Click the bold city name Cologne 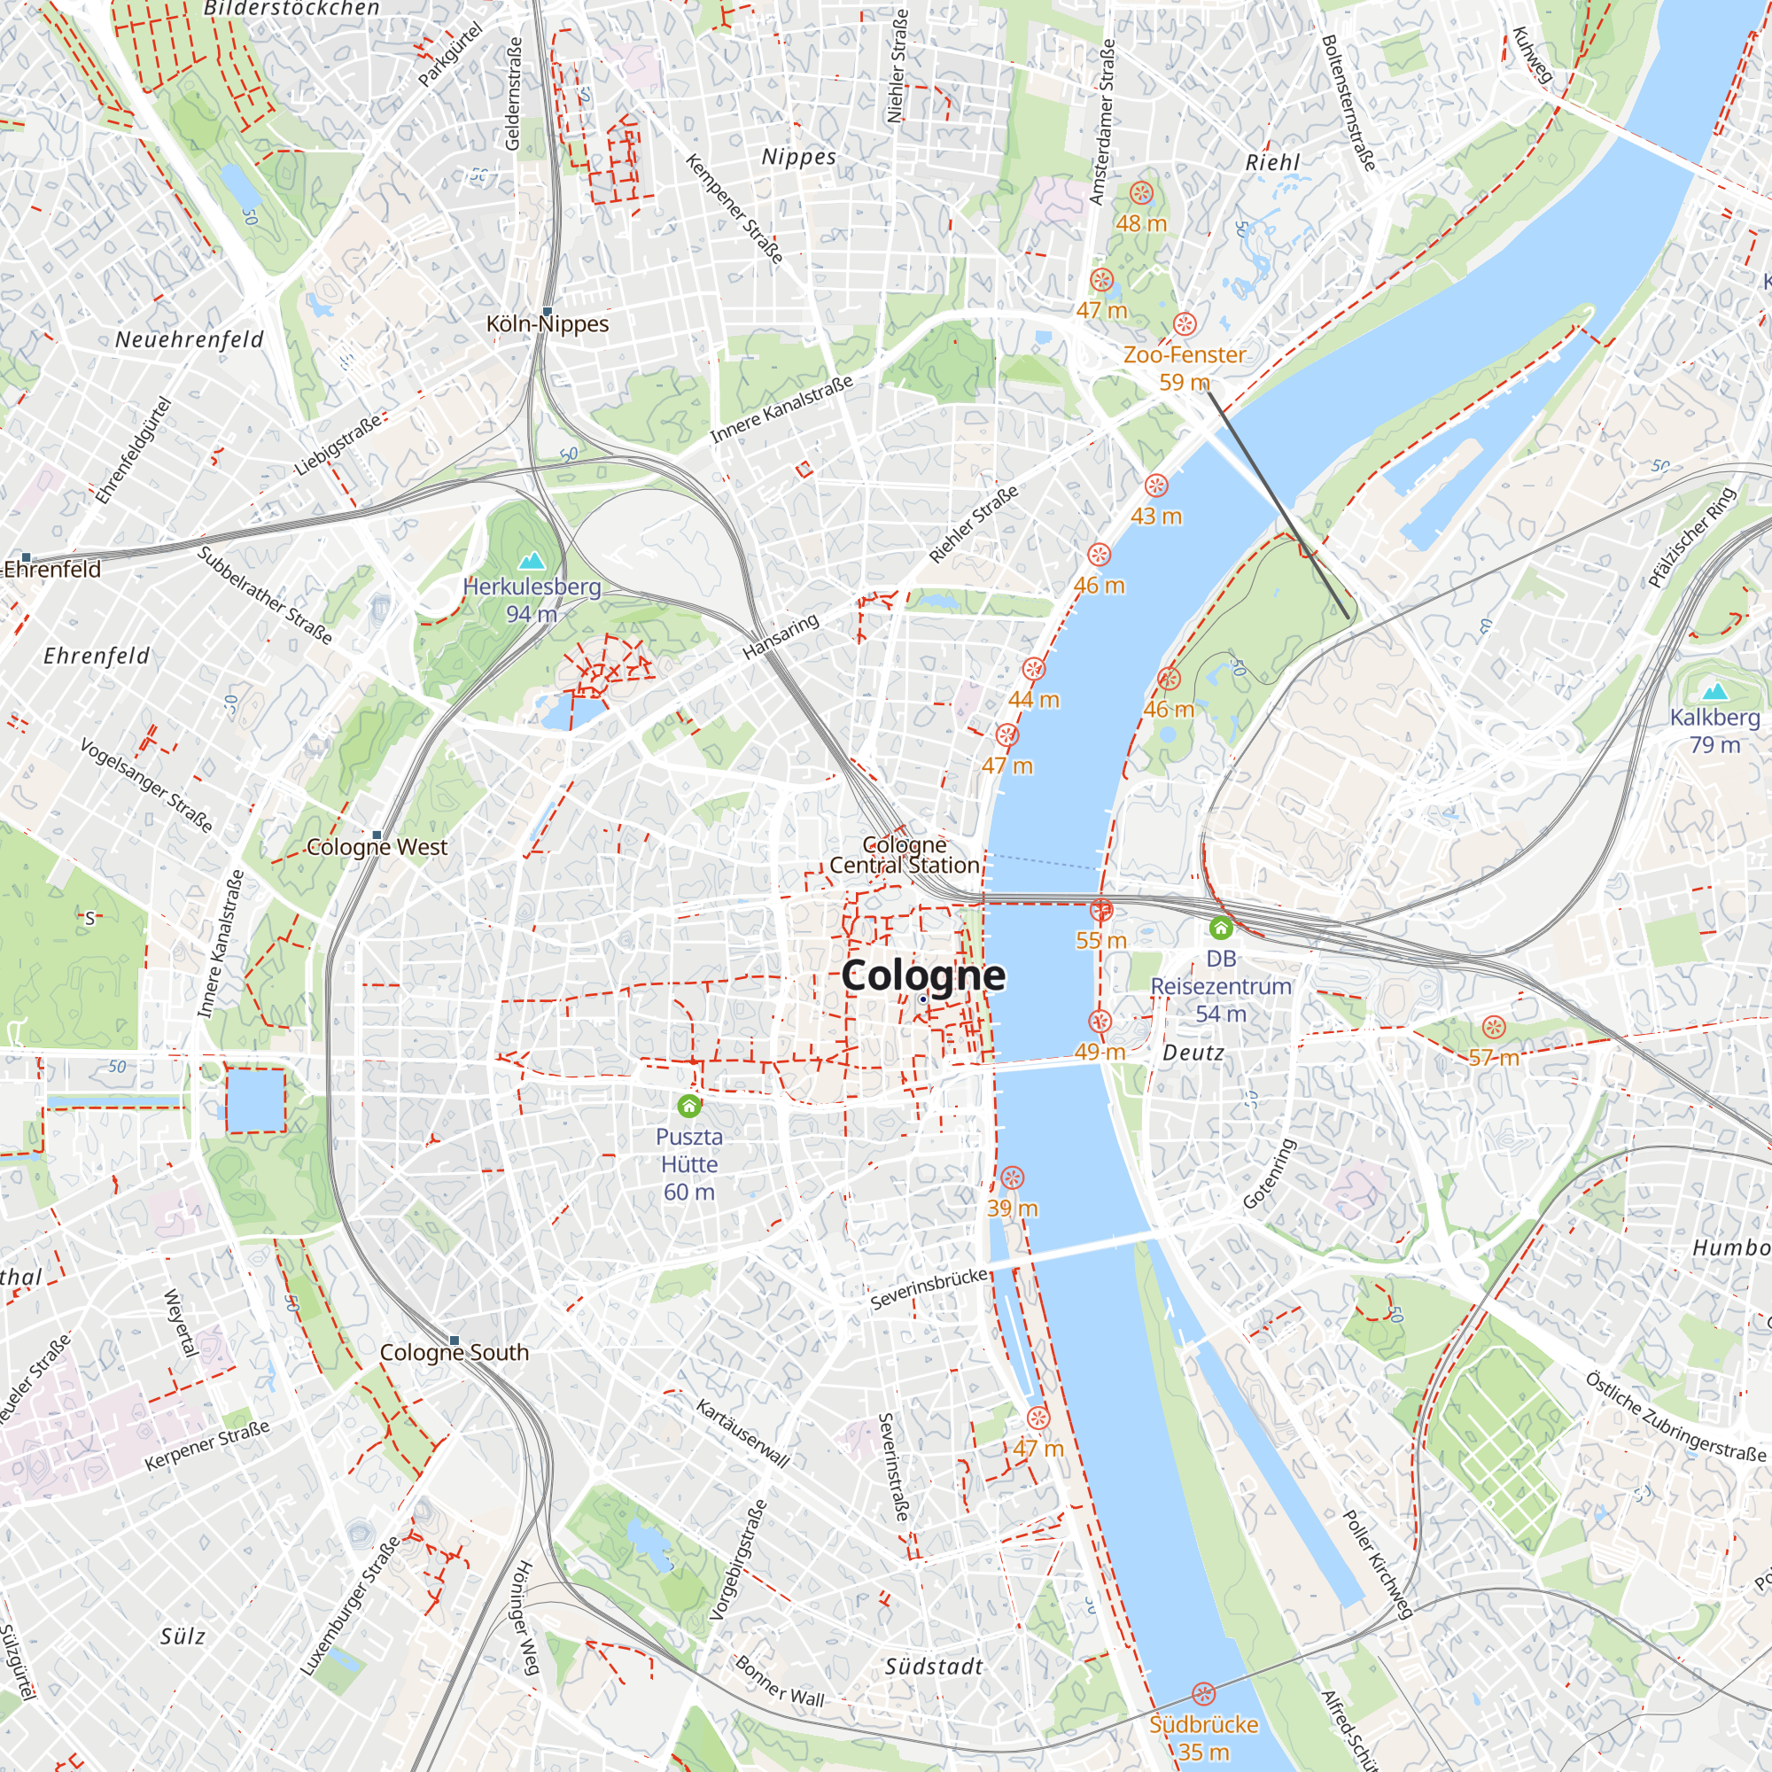coord(922,975)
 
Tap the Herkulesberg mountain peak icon coord(531,561)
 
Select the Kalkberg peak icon coord(1714,692)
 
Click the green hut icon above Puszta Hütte coord(688,1106)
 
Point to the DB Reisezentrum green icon coord(1220,929)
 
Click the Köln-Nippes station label coord(548,324)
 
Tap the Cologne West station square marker coord(376,835)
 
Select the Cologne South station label coord(454,1353)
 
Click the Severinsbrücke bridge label coord(929,1288)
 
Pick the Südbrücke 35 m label coord(1203,1737)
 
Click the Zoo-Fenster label coord(1184,355)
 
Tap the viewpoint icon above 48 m coord(1140,192)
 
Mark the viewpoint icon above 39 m coord(1012,1177)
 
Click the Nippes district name coord(799,157)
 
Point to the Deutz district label coord(1193,1053)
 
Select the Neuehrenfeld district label coord(189,340)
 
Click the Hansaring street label coord(781,636)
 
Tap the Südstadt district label coord(934,1667)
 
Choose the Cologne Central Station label coord(905,855)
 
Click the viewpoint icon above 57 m coord(1494,1027)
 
